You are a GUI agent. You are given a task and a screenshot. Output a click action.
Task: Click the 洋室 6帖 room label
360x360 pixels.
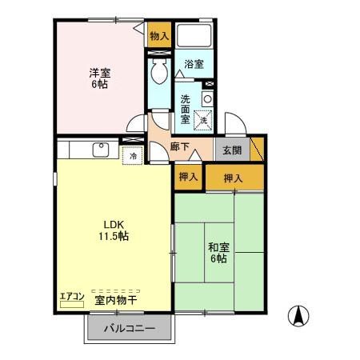coord(99,78)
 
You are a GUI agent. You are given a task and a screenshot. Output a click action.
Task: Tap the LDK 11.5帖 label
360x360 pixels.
coord(114,230)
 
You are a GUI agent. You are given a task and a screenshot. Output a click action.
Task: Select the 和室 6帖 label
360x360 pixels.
coord(218,254)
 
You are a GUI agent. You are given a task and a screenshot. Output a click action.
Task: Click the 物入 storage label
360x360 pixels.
coord(158,36)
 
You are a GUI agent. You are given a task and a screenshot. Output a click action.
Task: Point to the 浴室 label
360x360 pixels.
coord(194,63)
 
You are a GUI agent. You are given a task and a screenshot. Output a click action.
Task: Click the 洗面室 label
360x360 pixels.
coord(185,109)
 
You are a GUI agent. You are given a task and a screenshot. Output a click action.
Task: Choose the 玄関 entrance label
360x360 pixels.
coord(232,150)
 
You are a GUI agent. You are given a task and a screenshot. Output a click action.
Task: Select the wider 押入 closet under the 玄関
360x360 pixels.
coord(233,178)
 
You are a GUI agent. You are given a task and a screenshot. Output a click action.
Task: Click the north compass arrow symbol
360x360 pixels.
coord(299,317)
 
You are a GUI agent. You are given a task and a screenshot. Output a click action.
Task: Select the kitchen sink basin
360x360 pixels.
coord(102,150)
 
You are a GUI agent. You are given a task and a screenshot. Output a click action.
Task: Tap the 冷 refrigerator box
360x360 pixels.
coord(133,154)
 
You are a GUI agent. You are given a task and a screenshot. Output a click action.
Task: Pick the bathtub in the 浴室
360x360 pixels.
coord(194,35)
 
